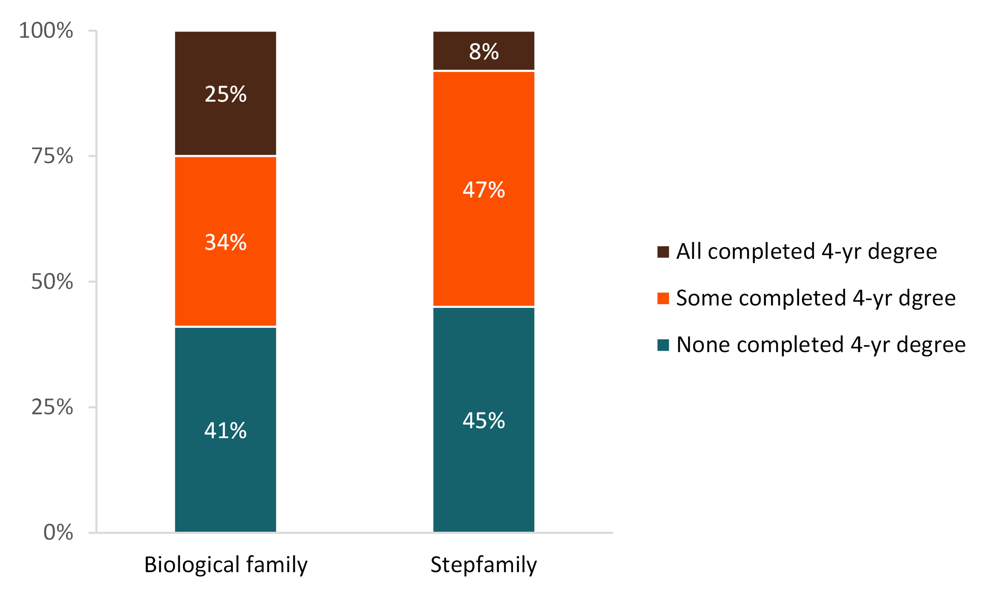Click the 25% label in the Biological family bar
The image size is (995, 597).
point(225,94)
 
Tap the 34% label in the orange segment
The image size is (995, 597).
point(225,242)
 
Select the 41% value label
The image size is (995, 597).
point(225,431)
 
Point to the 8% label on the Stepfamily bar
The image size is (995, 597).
point(484,51)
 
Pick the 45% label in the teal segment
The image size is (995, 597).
point(484,421)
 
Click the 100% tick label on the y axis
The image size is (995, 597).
point(46,31)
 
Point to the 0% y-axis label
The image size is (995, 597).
point(58,532)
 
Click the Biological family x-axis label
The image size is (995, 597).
point(226,564)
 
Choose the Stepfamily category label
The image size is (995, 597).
point(484,564)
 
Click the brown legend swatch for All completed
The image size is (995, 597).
point(663,252)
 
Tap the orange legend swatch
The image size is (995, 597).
point(663,298)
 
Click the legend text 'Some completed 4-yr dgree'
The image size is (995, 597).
point(816,298)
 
